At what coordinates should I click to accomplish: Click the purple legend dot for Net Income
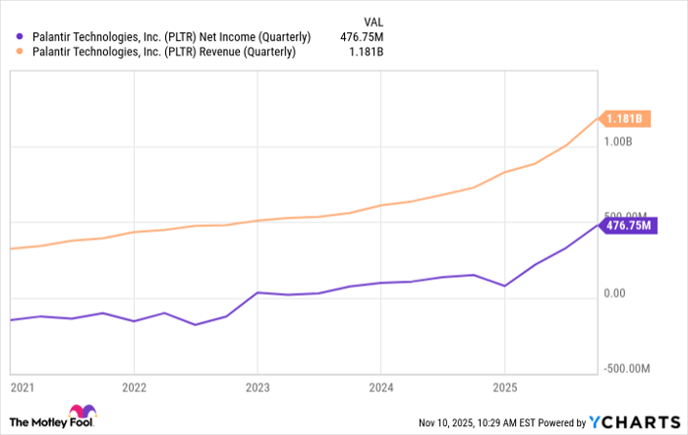19,37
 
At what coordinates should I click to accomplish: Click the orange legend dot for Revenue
19,53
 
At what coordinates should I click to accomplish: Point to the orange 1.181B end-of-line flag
625,119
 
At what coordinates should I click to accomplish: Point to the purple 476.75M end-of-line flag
629,225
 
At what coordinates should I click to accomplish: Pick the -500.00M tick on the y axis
626,369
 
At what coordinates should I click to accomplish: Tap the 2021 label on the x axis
22,387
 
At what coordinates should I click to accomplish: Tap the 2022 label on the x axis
134,387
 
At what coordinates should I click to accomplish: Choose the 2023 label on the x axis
257,387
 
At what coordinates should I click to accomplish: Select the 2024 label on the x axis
380,387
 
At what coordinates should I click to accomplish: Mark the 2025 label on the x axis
503,387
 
